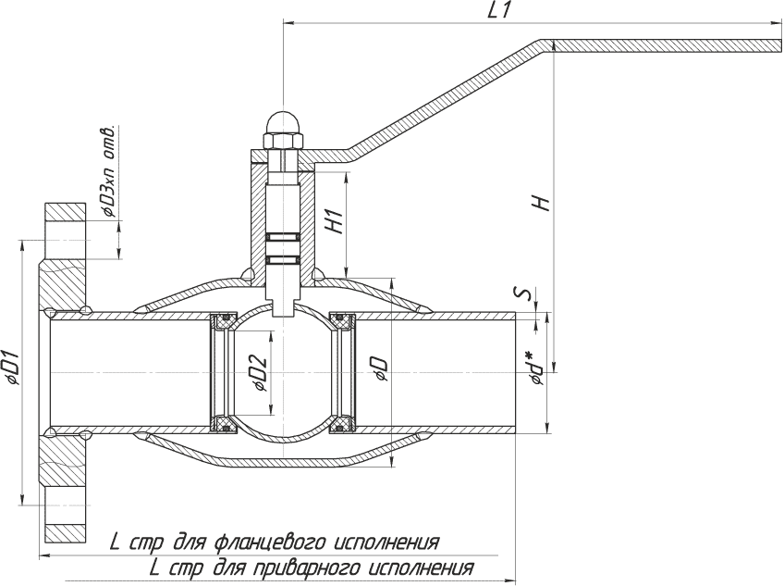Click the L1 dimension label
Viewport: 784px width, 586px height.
(x=500, y=10)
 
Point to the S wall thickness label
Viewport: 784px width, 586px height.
(x=524, y=294)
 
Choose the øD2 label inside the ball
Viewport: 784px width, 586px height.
(x=260, y=373)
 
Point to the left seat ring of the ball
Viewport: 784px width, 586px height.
(x=222, y=373)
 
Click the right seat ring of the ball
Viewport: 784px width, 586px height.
(x=344, y=373)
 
